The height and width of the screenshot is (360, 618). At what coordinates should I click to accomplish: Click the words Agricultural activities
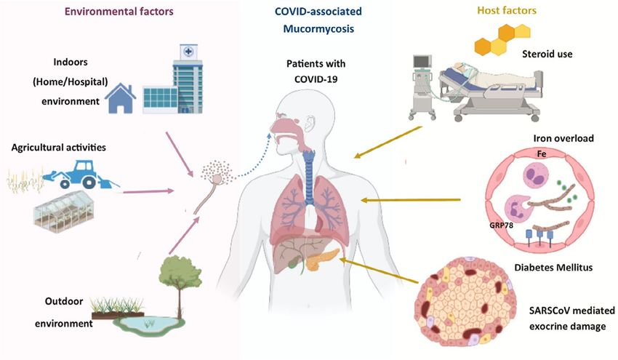[x=59, y=148]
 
